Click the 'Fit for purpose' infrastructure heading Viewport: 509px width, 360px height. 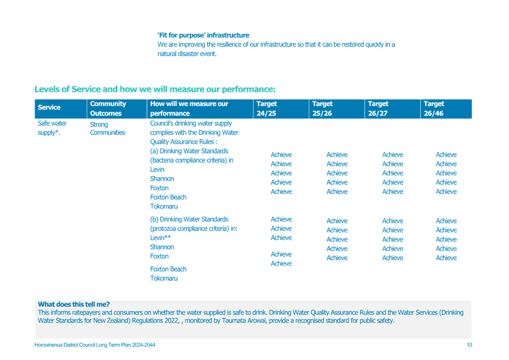pos(203,35)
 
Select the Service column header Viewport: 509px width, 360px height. pos(49,107)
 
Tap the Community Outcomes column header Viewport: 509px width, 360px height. pos(108,108)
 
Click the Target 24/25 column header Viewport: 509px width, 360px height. pos(267,108)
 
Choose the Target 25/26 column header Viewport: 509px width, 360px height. pos(322,108)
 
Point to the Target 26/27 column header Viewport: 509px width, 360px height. pos(378,108)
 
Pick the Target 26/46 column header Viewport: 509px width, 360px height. pos(434,108)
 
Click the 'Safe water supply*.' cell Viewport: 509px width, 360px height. pos(52,128)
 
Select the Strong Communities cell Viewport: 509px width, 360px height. pos(107,129)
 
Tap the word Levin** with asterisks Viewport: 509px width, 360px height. pos(160,238)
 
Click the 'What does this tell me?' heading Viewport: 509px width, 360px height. pos(74,304)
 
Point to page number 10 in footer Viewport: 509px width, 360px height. pos(469,345)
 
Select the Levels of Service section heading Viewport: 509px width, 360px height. pos(155,89)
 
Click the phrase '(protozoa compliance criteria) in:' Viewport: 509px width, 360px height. pos(193,228)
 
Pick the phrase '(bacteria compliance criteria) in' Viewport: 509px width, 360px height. pos(192,160)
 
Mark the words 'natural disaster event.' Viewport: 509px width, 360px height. pos(187,54)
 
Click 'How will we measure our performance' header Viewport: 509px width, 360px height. pos(189,108)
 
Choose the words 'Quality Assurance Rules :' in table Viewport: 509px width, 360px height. pos(183,142)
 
